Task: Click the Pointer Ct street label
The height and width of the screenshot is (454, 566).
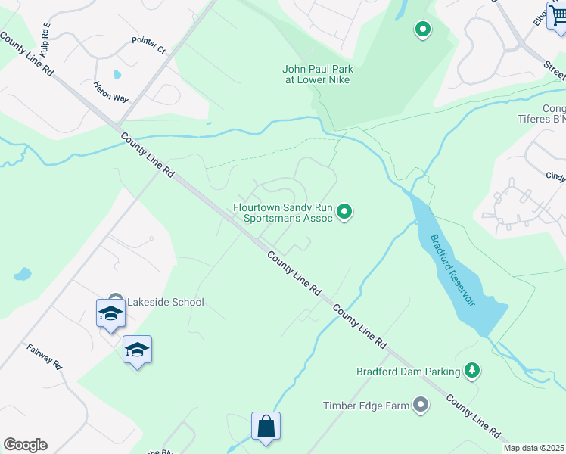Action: click(148, 45)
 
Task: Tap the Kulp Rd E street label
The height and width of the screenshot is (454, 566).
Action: click(47, 39)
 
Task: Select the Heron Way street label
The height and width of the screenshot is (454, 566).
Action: click(111, 92)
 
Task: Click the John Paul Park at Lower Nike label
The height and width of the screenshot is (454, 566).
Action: click(318, 74)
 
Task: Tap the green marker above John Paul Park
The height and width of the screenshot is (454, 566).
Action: click(423, 30)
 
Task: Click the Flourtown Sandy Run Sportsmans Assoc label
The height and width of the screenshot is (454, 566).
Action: click(282, 212)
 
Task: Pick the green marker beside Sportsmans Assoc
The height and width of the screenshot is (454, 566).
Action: click(345, 212)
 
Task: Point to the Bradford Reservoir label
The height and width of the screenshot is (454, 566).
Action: click(452, 269)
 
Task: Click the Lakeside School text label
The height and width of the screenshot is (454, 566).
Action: click(165, 302)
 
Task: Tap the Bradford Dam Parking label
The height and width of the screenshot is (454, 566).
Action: click(408, 372)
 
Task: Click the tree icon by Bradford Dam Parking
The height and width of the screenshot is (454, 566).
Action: click(473, 371)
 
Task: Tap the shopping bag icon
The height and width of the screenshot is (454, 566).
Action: click(266, 425)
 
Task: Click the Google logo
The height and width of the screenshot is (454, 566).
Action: click(25, 445)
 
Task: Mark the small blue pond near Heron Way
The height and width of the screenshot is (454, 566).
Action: click(116, 75)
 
